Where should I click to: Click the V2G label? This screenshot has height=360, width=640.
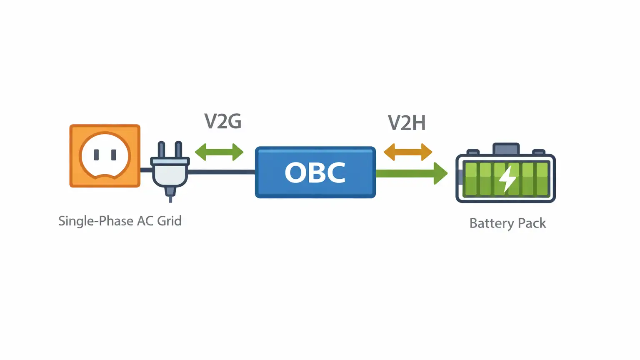(x=223, y=121)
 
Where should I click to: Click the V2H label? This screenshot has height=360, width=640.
(x=407, y=123)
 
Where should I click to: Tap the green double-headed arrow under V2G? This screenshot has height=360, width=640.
(x=219, y=152)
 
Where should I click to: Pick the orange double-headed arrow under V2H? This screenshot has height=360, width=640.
(x=408, y=152)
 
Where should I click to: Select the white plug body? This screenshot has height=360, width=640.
(x=170, y=173)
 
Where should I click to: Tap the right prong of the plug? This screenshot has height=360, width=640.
(x=178, y=150)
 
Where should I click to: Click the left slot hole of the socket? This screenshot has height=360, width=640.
(x=96, y=155)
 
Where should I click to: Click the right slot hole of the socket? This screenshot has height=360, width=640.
(x=113, y=155)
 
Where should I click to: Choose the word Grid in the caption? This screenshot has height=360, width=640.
(x=169, y=221)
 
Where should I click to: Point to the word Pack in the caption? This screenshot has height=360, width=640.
(x=532, y=223)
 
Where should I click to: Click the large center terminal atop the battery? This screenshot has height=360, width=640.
(x=506, y=149)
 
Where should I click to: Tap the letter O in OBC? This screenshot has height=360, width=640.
(x=295, y=172)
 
